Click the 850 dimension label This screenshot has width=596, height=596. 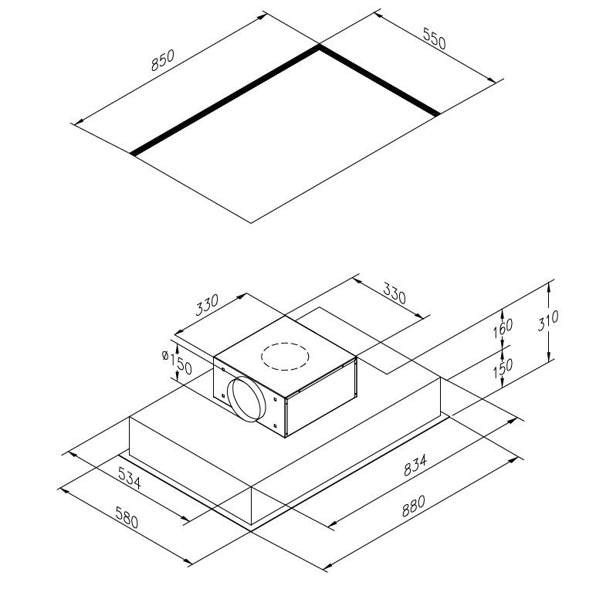[x=163, y=61]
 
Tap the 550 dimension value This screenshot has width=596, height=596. [x=434, y=39]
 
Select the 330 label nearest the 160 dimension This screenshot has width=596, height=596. [x=395, y=294]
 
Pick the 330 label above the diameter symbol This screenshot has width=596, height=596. [x=208, y=306]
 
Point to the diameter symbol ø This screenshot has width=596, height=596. [x=165, y=354]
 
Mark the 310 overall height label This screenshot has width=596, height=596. [x=549, y=320]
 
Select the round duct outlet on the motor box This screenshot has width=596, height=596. [x=249, y=400]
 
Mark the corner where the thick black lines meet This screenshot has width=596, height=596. [x=320, y=47]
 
